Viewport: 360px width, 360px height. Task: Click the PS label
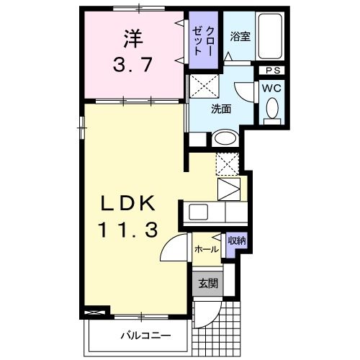272,71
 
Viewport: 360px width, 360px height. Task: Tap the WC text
271,87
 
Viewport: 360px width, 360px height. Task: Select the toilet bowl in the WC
271,109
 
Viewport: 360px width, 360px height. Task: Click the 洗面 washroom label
221,109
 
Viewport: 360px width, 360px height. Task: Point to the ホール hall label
207,249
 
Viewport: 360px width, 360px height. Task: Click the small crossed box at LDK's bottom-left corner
92,312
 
